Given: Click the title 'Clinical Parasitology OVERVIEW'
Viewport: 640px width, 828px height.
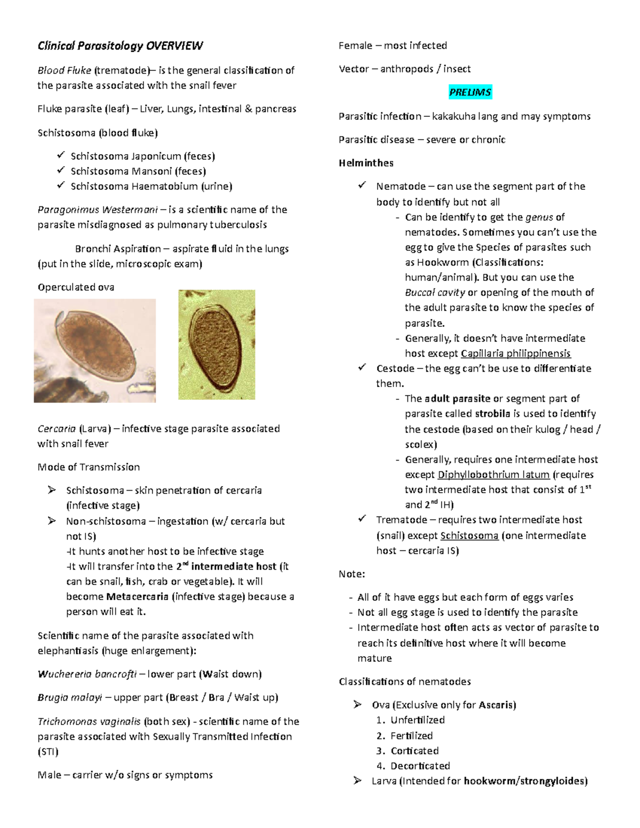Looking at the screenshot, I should pos(120,46).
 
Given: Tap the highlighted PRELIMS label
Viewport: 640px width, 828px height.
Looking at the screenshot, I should pos(469,92).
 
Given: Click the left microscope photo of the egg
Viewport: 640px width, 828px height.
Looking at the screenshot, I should pos(95,350).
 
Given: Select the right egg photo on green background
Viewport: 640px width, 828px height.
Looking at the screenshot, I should pos(217,344).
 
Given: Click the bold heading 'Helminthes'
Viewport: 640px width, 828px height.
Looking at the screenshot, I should pos(366,163).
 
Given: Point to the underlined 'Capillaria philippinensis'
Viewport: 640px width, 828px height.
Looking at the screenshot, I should pos(515,353).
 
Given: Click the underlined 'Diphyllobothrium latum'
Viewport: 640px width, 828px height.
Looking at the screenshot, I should pos(493,475).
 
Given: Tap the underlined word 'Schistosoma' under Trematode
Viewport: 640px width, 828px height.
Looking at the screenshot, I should pos(469,535).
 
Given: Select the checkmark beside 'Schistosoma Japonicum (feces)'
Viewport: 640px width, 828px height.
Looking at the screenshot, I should pos(60,156).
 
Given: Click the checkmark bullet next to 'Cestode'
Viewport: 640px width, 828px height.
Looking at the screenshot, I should pos(363,368).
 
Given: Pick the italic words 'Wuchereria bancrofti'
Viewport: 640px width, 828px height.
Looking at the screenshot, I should pos(87,674).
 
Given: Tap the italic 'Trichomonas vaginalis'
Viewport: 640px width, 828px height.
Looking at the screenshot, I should pos(89,721).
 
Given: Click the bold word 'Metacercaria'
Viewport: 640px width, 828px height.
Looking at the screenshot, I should pos(137,597).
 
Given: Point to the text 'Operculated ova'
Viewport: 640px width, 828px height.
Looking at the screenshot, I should pos(76,287).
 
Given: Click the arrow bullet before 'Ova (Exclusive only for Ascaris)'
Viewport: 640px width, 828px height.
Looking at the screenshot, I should pos(357,705).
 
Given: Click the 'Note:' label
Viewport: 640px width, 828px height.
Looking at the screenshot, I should pos(352,574).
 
